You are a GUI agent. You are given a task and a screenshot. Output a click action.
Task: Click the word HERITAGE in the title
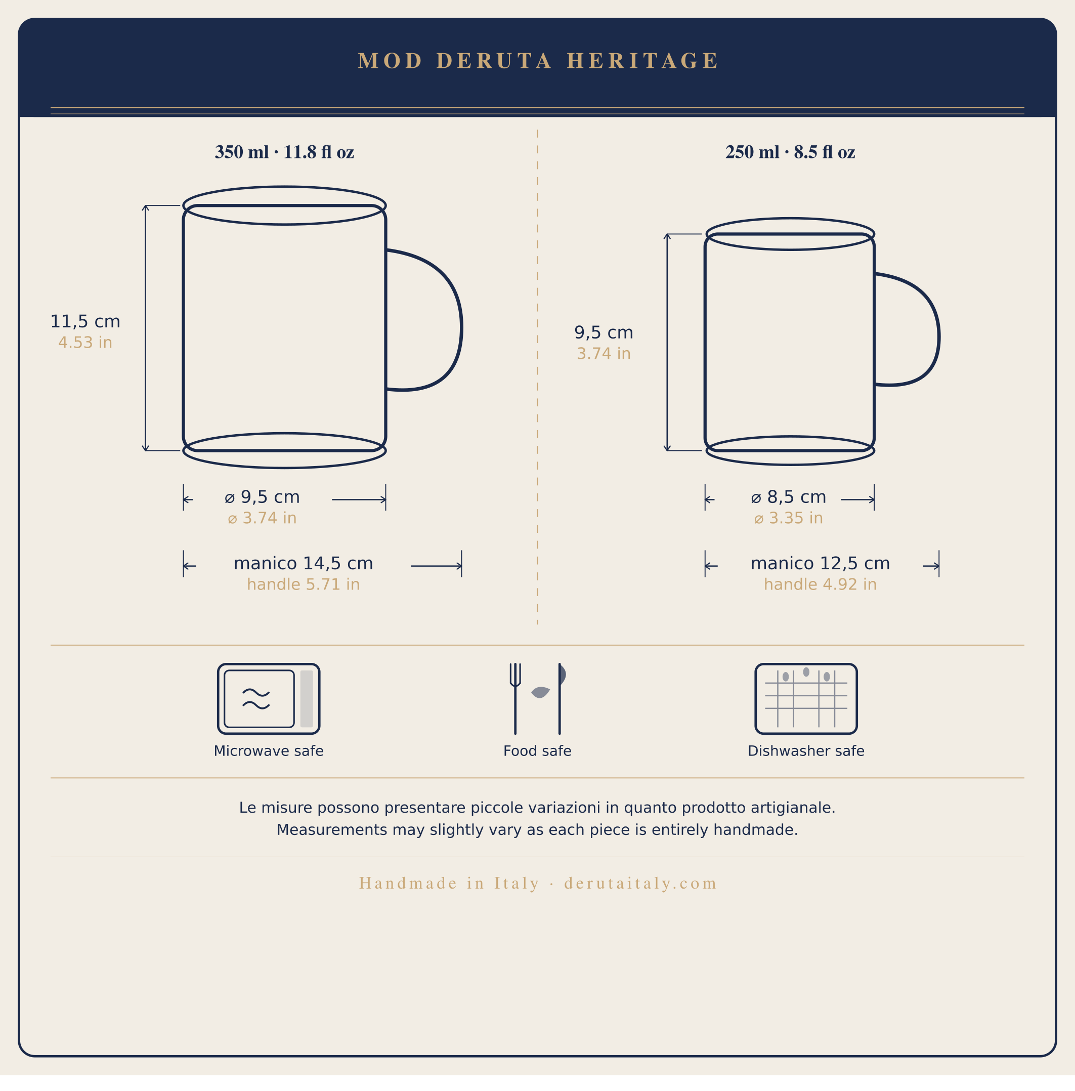coord(642,61)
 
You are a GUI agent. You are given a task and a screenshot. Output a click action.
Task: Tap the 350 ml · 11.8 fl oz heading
coord(284,152)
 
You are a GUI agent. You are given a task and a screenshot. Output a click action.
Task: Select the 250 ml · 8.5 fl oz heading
coord(790,152)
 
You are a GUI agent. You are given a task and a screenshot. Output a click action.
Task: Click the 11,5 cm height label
coord(85,321)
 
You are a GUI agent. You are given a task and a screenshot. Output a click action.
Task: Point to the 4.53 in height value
coord(85,343)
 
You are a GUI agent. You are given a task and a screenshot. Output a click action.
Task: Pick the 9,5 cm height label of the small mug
coord(604,332)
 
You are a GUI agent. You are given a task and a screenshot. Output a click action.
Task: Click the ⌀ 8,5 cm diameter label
coord(788,497)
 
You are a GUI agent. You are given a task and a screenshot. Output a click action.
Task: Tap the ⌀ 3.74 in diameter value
coord(262,518)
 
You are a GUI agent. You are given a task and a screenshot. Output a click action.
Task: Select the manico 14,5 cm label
coord(303,563)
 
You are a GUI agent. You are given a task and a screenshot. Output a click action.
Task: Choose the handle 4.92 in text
coord(820,584)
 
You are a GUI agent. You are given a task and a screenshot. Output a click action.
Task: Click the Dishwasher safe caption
coord(806,751)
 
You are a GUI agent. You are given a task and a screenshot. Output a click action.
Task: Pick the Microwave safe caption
coord(269,751)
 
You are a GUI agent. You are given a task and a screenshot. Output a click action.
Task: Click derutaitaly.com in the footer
coord(640,883)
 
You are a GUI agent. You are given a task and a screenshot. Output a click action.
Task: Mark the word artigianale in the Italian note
coord(793,808)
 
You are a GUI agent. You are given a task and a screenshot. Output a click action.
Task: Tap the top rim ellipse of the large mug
coord(284,188)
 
